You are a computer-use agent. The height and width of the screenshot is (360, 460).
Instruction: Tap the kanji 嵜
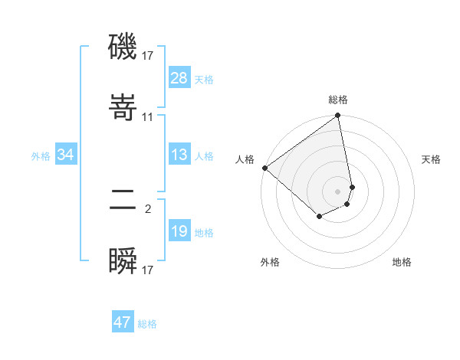123,110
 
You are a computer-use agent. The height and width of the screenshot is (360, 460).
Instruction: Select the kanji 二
123,201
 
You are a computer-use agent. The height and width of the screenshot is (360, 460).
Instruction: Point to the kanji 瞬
123,262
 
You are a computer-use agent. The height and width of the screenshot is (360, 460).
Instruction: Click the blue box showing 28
179,78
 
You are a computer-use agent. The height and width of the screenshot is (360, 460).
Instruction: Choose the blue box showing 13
179,155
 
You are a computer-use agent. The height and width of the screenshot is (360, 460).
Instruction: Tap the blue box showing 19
179,231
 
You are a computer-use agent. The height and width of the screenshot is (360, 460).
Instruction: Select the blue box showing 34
65,155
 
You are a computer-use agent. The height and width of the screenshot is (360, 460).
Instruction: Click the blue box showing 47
122,322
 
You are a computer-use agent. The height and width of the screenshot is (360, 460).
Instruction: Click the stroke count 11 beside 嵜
148,117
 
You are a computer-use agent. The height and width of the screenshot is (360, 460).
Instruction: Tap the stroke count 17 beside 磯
148,56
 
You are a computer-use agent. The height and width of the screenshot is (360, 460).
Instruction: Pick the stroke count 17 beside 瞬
148,270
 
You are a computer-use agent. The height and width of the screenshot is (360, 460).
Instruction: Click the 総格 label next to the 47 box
147,324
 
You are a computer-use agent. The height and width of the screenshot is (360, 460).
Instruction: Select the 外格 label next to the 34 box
41,156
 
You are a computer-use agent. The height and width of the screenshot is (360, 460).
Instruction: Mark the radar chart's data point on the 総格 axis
337,116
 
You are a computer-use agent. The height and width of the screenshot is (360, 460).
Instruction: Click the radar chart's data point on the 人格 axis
264,168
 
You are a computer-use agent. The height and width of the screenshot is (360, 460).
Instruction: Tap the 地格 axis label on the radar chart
402,262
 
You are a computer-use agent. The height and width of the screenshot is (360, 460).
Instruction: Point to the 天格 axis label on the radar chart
432,159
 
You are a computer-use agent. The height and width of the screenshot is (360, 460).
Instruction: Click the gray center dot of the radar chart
337,190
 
